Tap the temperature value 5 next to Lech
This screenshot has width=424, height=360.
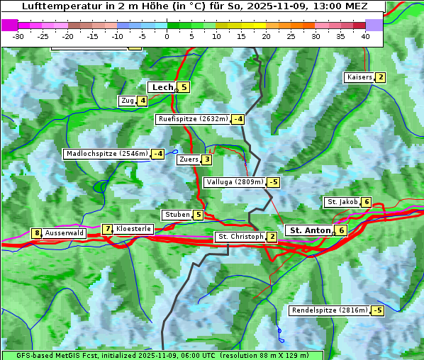[184, 87]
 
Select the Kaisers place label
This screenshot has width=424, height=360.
[359, 77]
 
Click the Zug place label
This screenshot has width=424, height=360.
[128, 101]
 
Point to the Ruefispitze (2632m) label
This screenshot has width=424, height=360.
[193, 119]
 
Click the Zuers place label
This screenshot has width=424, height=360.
[188, 159]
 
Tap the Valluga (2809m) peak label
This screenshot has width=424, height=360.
[235, 182]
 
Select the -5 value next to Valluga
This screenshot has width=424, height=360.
[273, 182]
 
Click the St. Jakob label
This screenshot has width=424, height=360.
[342, 202]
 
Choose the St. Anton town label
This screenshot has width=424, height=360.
[311, 230]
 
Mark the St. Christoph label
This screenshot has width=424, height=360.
[240, 237]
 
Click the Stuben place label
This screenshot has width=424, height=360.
[177, 215]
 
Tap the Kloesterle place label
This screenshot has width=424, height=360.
[133, 229]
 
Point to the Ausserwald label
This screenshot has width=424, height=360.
[65, 233]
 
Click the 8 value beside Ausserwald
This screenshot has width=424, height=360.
[37, 233]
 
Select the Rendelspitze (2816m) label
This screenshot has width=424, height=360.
[330, 310]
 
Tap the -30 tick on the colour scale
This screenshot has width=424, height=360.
[18, 36]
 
